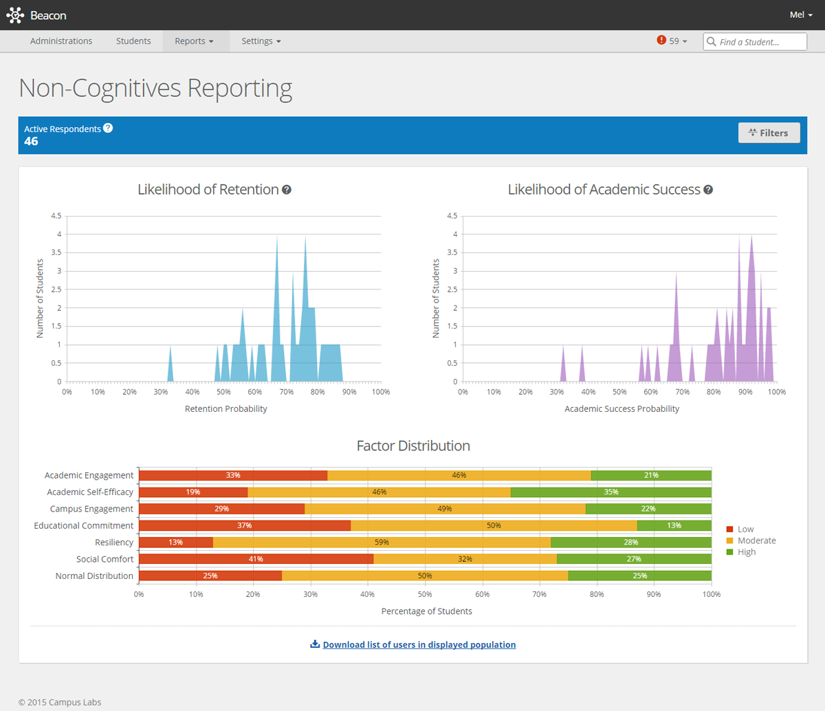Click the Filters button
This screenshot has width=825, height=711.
769,133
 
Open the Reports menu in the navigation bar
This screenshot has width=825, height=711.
193,41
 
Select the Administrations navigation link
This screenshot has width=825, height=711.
61,41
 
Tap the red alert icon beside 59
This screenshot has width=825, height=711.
661,41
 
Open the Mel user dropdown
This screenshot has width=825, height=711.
801,14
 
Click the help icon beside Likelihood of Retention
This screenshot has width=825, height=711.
287,190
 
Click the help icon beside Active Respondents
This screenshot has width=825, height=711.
108,128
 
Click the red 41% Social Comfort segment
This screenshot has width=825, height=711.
256,559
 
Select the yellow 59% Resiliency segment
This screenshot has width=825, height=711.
382,543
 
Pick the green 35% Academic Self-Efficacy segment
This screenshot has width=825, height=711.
610,492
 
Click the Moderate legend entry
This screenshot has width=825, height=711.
756,540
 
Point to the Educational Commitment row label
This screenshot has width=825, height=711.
84,525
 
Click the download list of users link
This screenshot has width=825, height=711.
419,645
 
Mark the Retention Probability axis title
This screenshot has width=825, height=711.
225,408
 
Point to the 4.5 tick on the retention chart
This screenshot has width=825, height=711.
56,216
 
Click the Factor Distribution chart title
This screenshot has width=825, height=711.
413,446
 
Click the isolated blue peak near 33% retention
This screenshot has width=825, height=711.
170,368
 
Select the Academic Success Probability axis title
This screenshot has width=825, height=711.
621,408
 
